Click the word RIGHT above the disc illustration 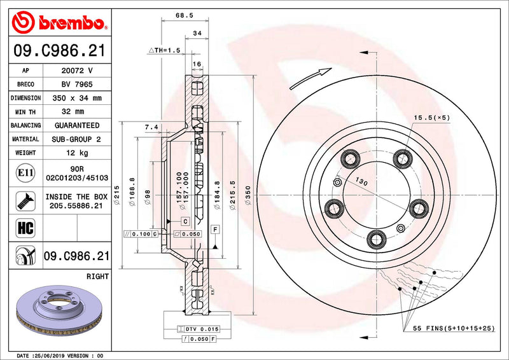pyautogui.click(x=97, y=277)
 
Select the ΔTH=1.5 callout pyautogui.click(x=164, y=49)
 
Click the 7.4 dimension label pyautogui.click(x=151, y=128)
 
